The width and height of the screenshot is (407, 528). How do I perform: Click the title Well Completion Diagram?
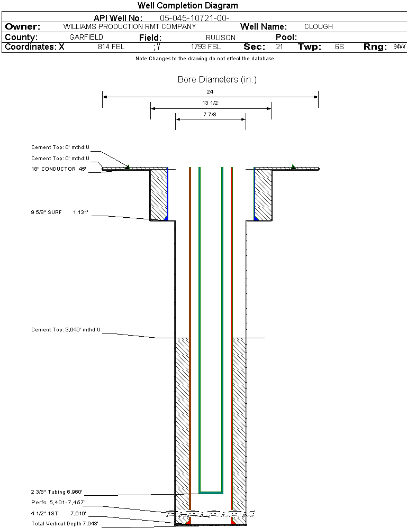pos(187,6)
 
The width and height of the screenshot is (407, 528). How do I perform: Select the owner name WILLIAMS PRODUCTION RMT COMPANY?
pos(129,26)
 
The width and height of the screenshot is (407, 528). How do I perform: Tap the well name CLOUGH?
pos(319,26)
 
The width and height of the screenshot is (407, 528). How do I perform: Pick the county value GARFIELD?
pos(86,38)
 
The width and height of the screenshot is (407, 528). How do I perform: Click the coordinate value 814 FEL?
pos(111,47)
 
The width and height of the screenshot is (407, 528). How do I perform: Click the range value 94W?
pos(399,47)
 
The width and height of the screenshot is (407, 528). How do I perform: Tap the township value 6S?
pos(339,47)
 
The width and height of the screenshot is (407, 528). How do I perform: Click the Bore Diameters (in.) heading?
pos(217,80)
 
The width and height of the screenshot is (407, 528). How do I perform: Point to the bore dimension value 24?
pos(210,92)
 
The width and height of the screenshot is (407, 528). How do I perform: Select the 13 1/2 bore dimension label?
pos(210,103)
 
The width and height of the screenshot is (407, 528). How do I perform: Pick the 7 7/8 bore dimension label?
pos(210,114)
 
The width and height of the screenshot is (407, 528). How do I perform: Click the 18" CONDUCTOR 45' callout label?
pos(58,169)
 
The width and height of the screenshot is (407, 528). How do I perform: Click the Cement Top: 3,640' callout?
pos(66,330)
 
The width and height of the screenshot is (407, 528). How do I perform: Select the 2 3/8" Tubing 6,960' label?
pos(57,492)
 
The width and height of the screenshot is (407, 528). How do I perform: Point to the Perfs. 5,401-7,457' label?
pos(58,502)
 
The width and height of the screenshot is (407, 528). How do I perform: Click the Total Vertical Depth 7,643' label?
pos(65,524)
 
